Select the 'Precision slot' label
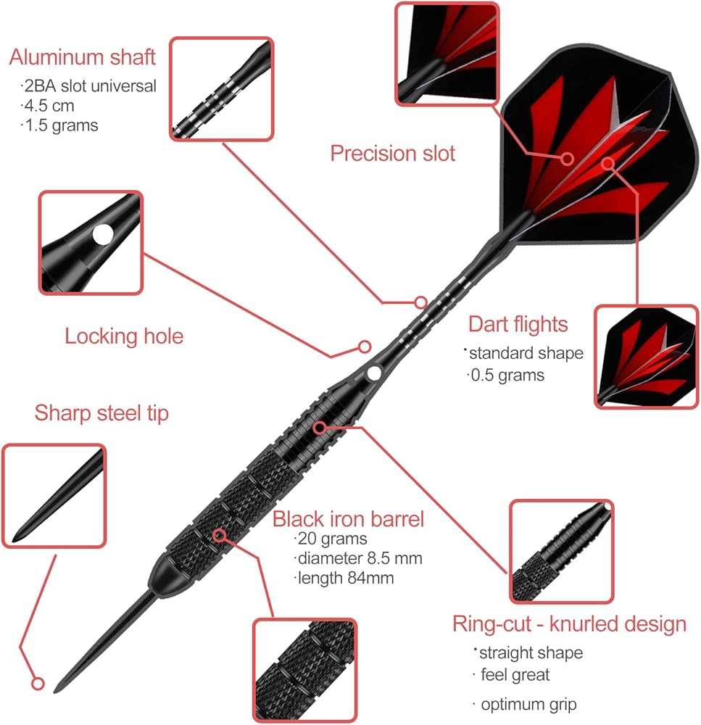393,153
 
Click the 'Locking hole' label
124,336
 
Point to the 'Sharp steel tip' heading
101,413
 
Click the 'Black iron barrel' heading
349,519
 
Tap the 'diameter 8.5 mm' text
360,558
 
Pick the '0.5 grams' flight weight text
507,375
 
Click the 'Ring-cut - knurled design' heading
569,623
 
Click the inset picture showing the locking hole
91,242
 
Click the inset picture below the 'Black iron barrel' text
305,669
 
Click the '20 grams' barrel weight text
332,539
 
